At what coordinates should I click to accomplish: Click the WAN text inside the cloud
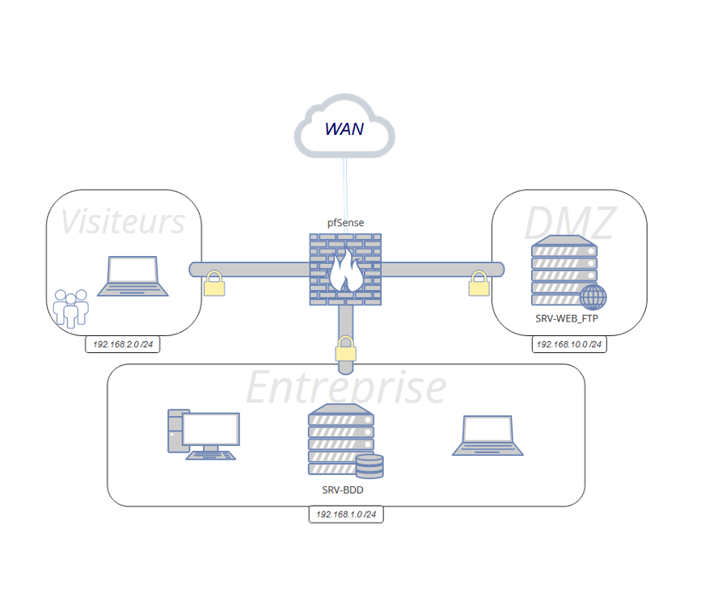344,128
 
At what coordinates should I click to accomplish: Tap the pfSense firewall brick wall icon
345,269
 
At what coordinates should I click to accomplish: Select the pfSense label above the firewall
345,221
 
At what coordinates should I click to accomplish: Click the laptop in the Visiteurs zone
133,276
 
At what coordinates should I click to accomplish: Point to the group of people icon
70,308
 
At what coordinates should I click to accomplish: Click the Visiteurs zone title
123,222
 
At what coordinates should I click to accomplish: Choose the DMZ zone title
569,224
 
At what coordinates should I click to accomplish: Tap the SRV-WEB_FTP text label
567,318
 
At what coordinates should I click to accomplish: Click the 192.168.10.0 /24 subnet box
568,344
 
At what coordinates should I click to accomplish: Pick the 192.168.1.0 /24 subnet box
345,514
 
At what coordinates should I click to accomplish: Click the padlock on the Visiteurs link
213,284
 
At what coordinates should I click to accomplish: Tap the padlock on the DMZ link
479,283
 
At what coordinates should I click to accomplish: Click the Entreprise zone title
345,387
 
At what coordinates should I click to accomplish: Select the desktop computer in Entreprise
203,435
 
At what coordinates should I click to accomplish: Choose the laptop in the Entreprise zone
487,436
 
